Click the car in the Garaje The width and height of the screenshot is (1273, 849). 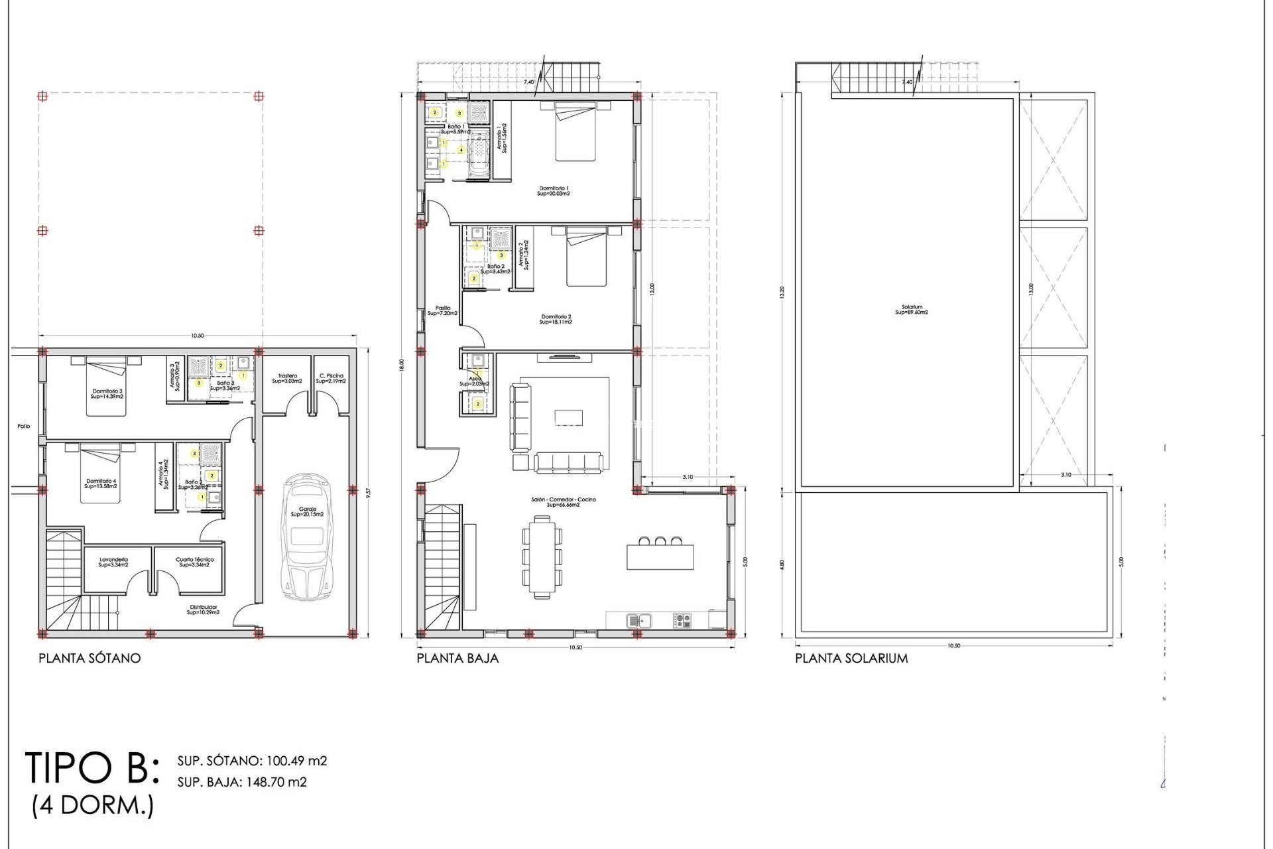(306, 537)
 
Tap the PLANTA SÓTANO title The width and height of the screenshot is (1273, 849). (90, 659)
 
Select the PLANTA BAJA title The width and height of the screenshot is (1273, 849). (457, 659)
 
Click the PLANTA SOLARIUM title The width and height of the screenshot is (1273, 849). (851, 659)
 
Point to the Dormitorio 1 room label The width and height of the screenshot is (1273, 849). (554, 191)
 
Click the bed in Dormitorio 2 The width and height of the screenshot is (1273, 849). (586, 257)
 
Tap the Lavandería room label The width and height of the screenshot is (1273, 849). (113, 562)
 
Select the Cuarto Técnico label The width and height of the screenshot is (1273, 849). (194, 562)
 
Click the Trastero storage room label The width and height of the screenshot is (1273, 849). (287, 379)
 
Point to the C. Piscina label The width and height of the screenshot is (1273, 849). (331, 379)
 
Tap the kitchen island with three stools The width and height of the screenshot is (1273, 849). (660, 556)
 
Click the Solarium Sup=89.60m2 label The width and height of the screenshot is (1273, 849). (912, 310)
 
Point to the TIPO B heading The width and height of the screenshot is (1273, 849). (92, 768)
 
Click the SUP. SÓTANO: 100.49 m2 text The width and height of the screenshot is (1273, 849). (252, 761)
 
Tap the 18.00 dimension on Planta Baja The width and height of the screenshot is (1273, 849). (402, 365)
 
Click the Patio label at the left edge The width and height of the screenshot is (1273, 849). (24, 426)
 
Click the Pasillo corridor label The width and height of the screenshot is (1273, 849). (442, 310)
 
